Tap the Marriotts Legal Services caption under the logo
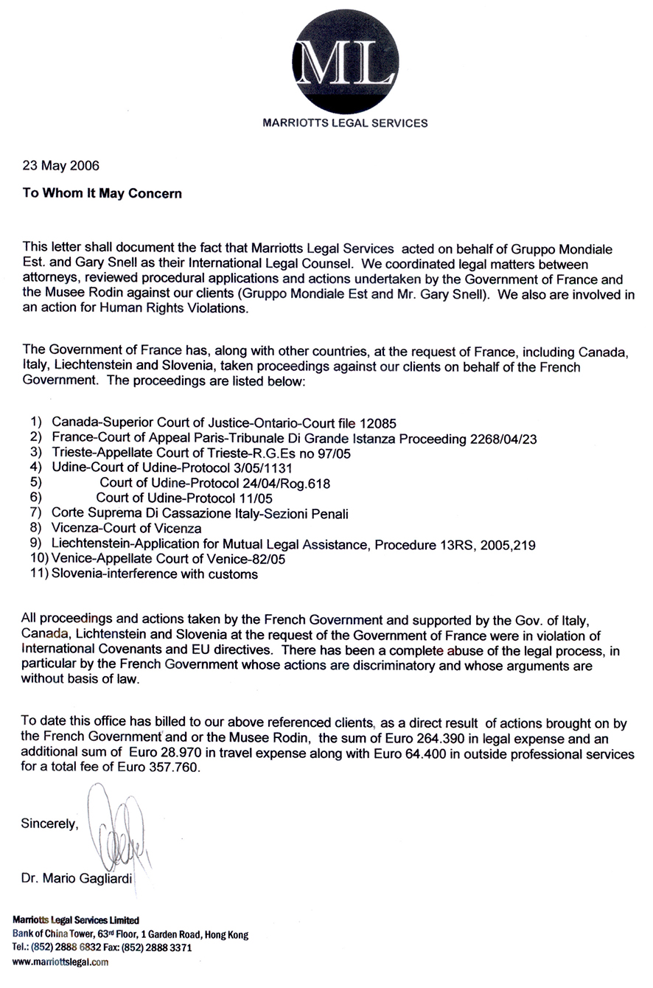tap(345, 123)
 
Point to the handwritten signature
tap(118, 826)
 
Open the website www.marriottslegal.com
tap(61, 962)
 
